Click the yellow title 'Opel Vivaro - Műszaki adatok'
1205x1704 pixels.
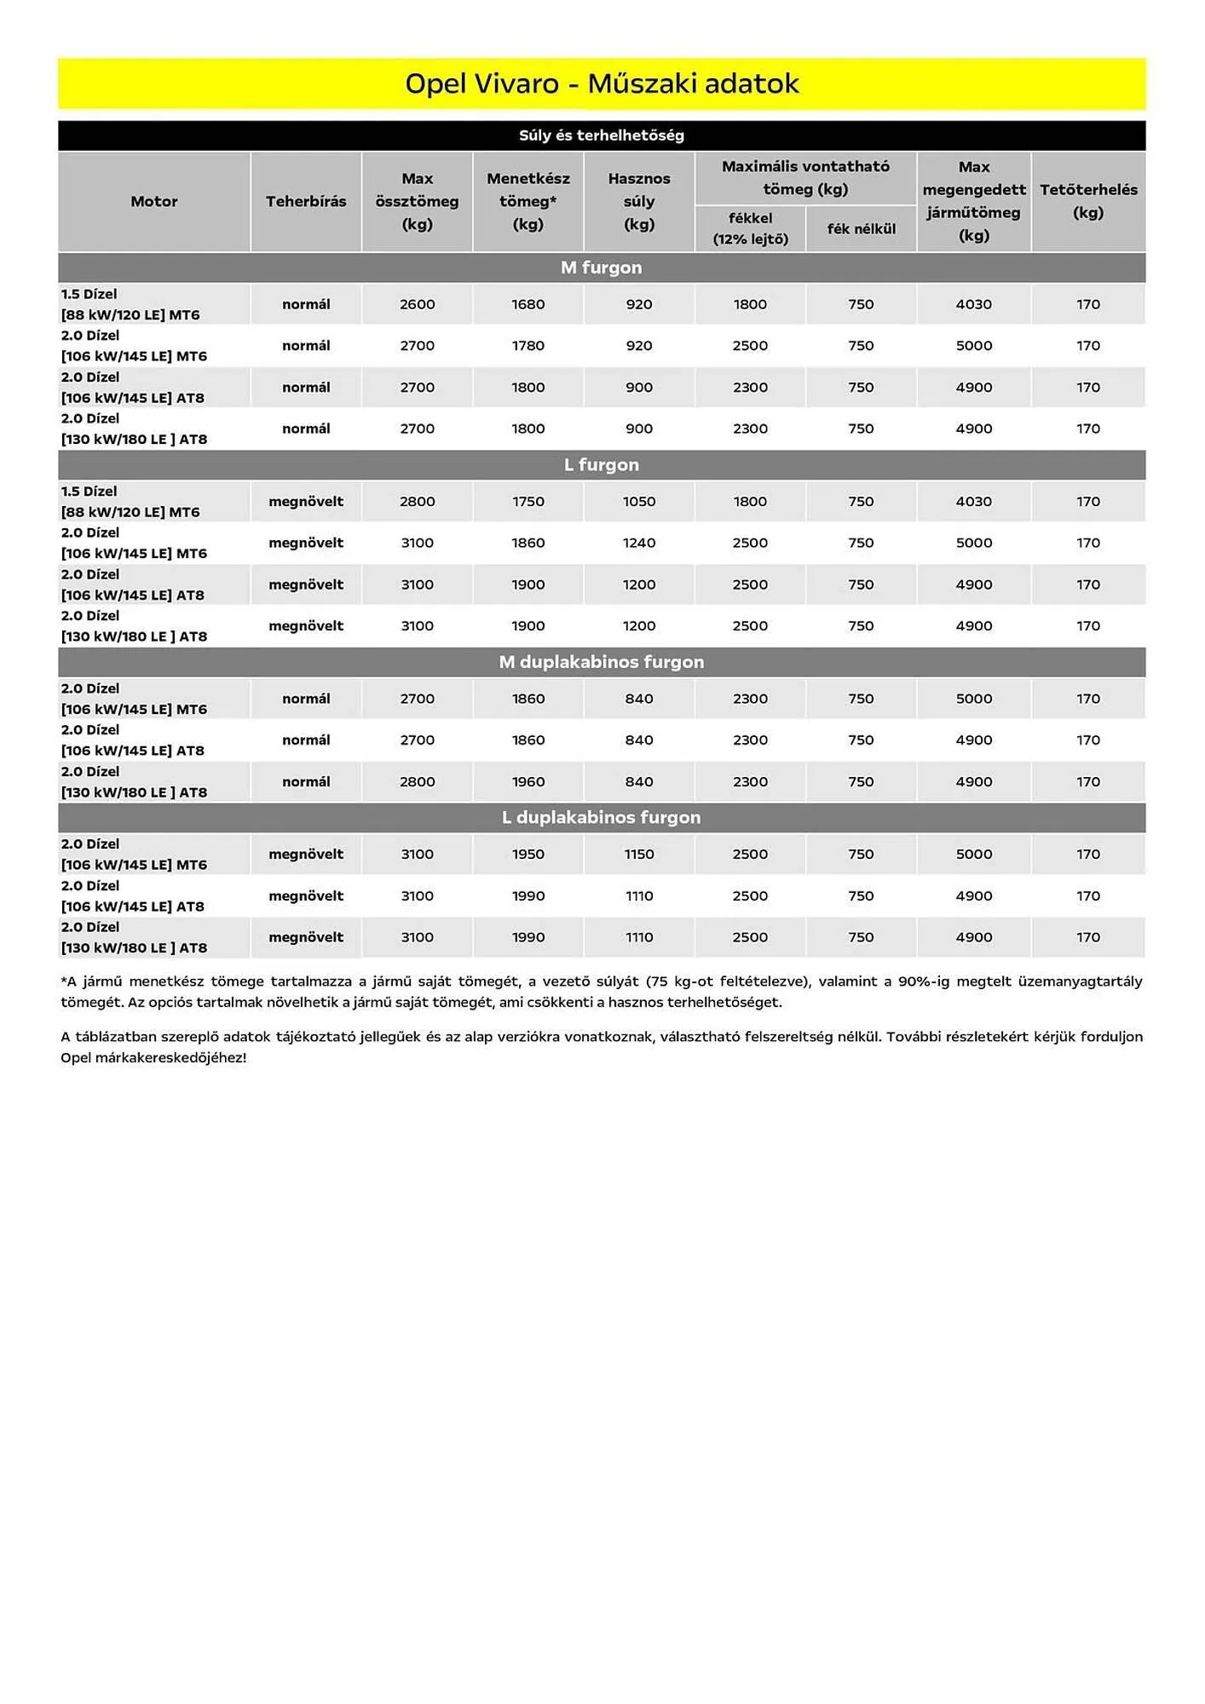[x=602, y=83]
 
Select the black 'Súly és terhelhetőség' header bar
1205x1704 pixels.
[x=602, y=135]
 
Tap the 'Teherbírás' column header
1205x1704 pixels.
[x=306, y=202]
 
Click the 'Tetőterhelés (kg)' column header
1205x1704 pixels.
[x=1088, y=202]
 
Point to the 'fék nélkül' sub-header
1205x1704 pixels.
[x=861, y=229]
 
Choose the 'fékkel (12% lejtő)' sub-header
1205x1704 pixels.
[x=750, y=229]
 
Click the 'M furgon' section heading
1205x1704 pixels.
[x=602, y=268]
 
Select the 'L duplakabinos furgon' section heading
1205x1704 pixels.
[x=602, y=818]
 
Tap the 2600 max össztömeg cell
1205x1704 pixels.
[x=418, y=304]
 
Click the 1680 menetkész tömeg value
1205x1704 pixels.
[x=528, y=304]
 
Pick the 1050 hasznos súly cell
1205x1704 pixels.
[x=639, y=502]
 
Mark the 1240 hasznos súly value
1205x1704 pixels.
[x=639, y=543]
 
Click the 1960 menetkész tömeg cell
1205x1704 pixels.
[x=528, y=782]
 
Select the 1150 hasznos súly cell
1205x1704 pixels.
[x=639, y=855]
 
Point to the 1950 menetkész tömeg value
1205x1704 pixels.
[x=528, y=855]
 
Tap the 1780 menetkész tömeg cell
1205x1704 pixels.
[x=528, y=346]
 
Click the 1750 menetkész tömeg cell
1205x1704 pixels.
[x=528, y=502]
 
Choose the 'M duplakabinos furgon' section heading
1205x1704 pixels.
[x=602, y=662]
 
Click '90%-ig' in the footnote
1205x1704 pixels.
[x=924, y=982]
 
